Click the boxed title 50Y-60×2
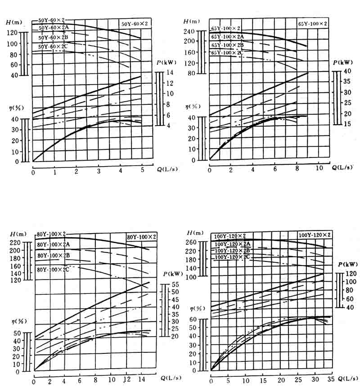137,24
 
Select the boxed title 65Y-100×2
312,23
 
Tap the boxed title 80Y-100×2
141,237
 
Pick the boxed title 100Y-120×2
315,235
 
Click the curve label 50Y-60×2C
53,47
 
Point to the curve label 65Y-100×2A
227,37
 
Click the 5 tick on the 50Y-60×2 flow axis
142,171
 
